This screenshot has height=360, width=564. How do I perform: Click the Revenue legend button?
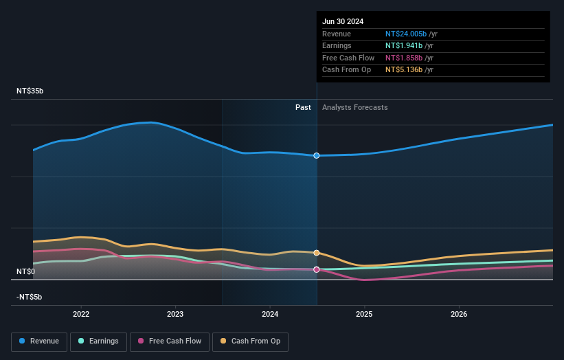pos(39,341)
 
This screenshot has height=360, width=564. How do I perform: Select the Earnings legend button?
pos(98,341)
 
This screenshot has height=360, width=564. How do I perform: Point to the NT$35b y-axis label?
pos(30,91)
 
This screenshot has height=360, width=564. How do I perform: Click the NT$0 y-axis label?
pos(25,271)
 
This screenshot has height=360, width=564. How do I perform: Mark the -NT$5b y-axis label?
pos(30,297)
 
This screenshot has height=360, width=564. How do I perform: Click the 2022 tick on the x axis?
pos(81,314)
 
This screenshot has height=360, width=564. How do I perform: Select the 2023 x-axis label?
pos(175,314)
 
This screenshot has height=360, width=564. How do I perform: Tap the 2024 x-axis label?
pos(270,314)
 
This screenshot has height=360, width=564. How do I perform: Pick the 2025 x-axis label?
pos(364,314)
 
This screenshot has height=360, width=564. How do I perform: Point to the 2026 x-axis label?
pos(459,314)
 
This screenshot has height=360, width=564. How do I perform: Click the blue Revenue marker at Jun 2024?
pos(317,155)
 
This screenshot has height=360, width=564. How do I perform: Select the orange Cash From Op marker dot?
pos(317,253)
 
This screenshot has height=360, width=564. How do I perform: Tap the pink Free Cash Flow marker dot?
pos(317,269)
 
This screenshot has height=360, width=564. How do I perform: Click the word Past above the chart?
pos(303,107)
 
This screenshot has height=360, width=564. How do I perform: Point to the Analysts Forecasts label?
pos(354,107)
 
